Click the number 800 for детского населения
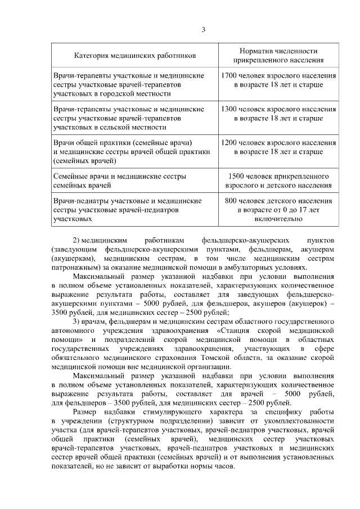click(x=231, y=201)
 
